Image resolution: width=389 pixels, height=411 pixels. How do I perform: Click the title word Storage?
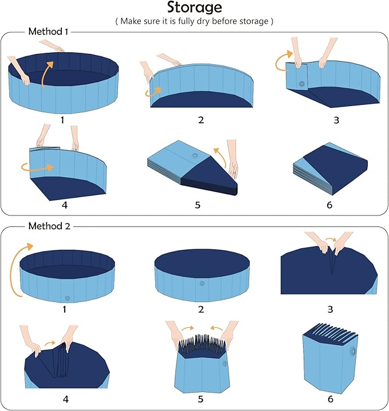194,8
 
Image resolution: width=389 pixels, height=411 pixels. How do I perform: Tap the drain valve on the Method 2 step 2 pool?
202,283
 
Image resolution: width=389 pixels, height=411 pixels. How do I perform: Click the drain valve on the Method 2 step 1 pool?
68,298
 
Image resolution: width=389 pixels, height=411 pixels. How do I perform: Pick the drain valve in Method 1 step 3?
301,84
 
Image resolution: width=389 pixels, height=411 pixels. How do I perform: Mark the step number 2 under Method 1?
201,120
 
